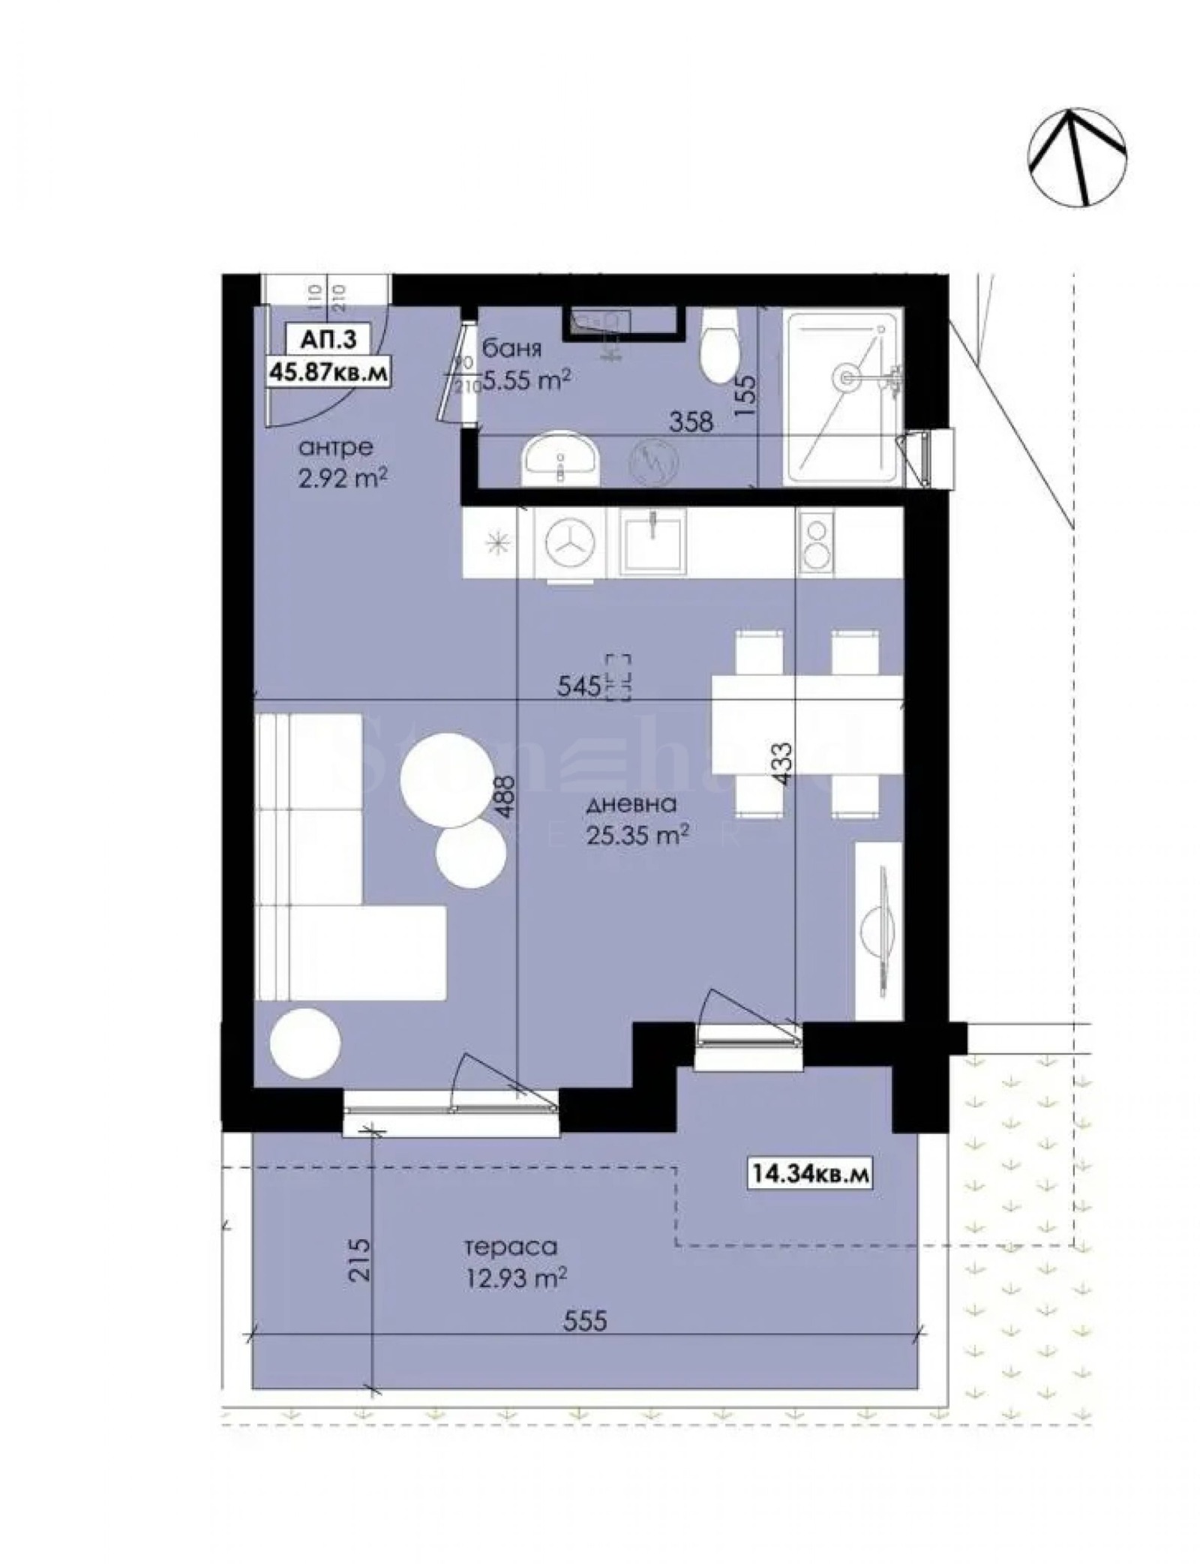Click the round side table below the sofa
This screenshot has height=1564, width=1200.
click(x=304, y=1043)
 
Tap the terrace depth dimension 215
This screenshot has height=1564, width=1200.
click(x=359, y=1262)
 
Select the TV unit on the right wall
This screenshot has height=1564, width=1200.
click(x=878, y=930)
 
